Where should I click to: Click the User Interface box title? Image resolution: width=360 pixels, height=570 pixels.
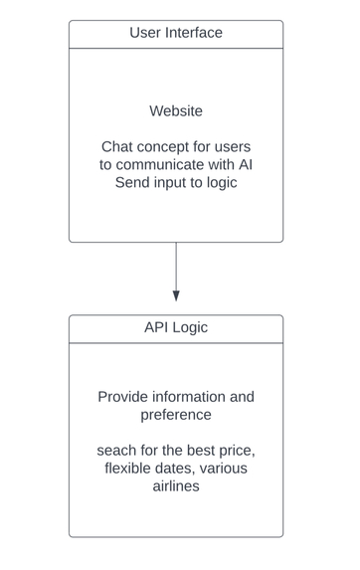click(176, 33)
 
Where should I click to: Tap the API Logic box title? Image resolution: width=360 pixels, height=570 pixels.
click(176, 327)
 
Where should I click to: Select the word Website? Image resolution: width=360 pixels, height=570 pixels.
click(176, 110)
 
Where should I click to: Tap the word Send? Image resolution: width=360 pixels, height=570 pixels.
click(134, 182)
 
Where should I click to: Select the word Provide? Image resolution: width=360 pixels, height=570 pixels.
click(123, 396)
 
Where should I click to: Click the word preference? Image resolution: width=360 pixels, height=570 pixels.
click(176, 414)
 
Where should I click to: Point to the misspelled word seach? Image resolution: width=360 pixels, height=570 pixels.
click(117, 451)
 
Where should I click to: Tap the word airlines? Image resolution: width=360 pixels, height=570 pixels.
click(176, 486)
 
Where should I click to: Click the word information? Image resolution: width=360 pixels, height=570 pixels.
click(195, 396)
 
